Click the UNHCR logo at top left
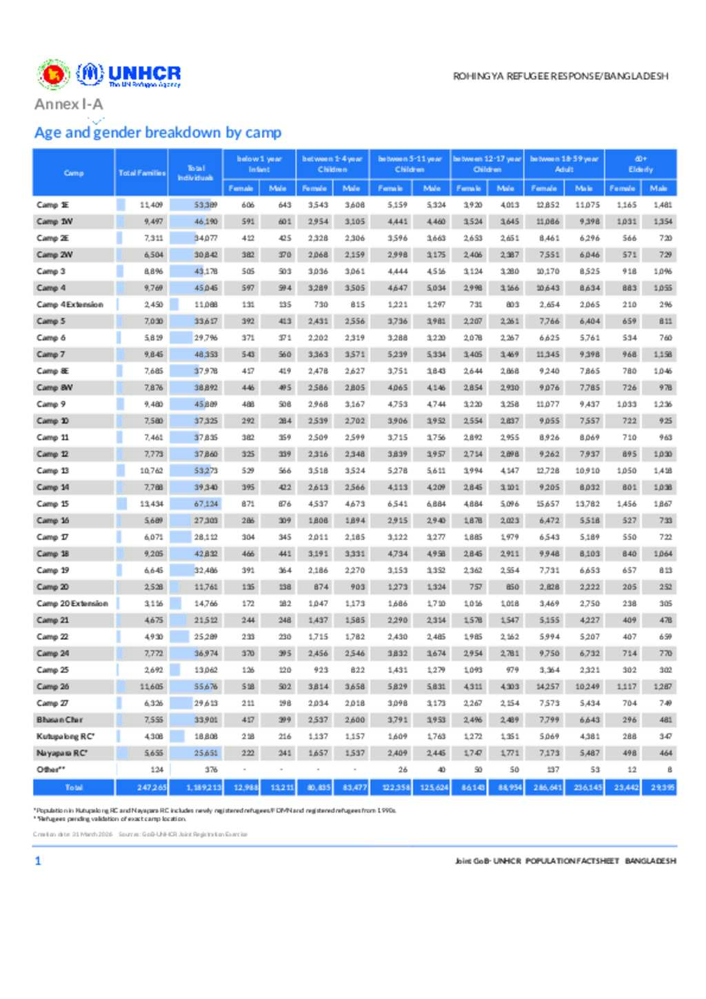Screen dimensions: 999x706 tap(129, 74)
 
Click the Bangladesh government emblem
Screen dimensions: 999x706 tap(53, 74)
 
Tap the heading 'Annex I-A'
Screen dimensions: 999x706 tap(69, 104)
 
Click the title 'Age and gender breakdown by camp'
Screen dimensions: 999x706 tap(158, 132)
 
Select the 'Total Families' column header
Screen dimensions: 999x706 tap(141, 173)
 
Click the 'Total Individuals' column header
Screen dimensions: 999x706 tap(196, 173)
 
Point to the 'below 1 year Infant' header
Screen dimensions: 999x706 tap(259, 164)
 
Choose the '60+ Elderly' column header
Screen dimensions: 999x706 tap(641, 164)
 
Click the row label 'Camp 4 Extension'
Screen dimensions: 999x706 tap(70, 305)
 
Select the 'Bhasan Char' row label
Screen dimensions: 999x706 tap(59, 720)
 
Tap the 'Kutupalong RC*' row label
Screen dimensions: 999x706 tap(65, 736)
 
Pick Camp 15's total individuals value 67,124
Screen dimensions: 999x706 tap(205, 504)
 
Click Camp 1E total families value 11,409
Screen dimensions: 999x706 tap(152, 205)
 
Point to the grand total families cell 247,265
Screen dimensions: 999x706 tap(152, 787)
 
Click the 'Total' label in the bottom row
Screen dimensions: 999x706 tap(74, 787)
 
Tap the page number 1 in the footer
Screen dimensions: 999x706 tap(38, 860)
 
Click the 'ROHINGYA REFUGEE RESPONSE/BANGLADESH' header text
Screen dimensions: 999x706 tap(561, 77)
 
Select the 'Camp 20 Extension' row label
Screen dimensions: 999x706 tap(72, 604)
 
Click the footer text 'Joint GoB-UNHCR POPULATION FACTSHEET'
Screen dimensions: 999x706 tap(537, 861)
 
